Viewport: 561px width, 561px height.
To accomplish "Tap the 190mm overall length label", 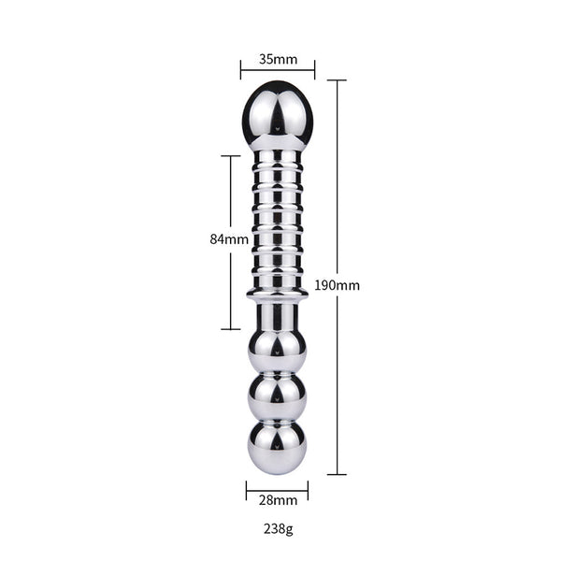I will (338, 284).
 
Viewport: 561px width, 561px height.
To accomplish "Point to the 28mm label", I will (278, 501).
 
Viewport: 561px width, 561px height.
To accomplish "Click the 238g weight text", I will (278, 529).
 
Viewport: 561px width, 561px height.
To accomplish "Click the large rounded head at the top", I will (278, 114).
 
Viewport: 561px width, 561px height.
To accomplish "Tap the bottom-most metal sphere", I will (278, 444).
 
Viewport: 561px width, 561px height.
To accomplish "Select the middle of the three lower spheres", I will (278, 396).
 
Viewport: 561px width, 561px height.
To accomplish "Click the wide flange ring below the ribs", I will (278, 296).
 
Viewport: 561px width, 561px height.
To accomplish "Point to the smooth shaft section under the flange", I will (278, 315).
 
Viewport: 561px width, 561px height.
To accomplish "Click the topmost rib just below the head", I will (278, 155).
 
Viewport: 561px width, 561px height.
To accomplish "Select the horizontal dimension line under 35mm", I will (278, 70).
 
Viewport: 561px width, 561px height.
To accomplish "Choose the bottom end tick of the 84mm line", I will (231, 329).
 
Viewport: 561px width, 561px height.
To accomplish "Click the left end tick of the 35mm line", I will (240, 70).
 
